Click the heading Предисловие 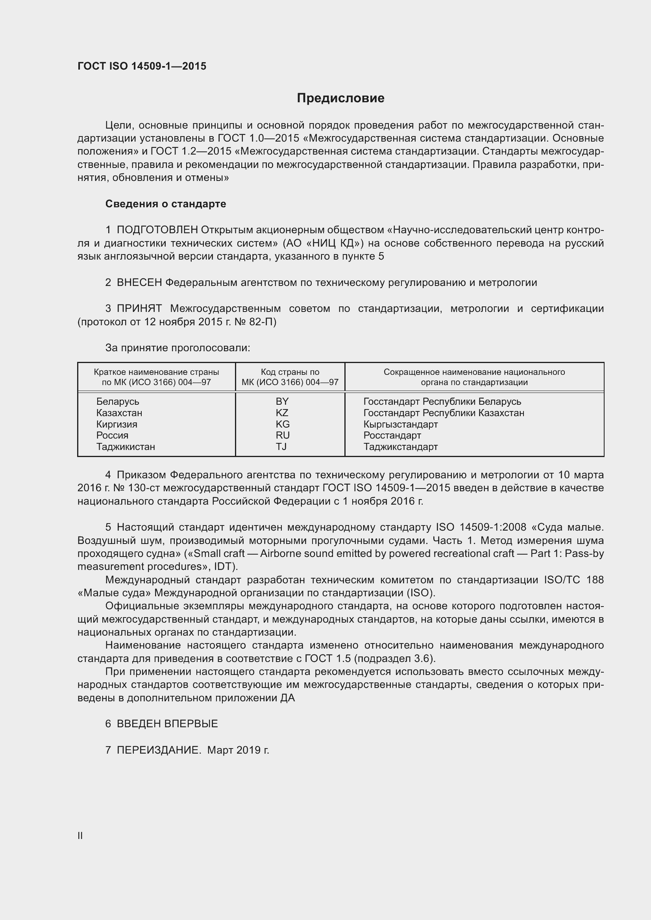(340, 98)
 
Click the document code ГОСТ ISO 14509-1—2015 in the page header (142, 66)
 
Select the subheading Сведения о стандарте (166, 204)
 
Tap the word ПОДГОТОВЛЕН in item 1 (157, 230)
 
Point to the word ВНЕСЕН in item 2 (139, 282)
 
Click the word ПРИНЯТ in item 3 (139, 308)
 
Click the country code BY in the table (282, 402)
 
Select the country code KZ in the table (282, 413)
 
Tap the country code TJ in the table (281, 446)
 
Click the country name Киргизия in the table (117, 424)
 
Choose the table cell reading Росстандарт (392, 435)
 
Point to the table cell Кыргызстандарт (400, 424)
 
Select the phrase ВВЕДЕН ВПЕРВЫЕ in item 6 (167, 724)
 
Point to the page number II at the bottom (80, 835)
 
